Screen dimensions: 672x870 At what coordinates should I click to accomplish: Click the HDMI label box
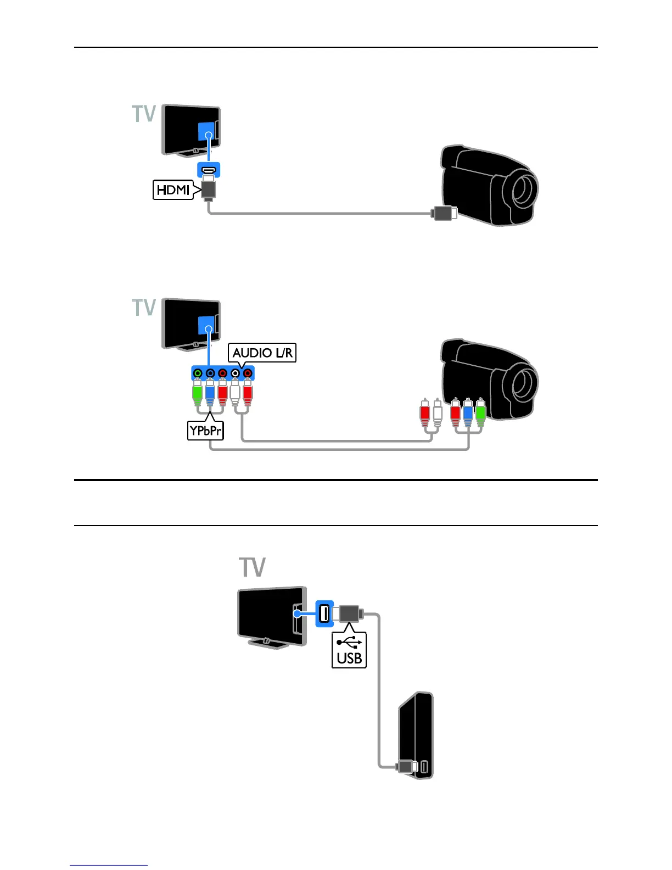pos(173,190)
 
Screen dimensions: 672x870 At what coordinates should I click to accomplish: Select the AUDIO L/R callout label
pos(262,353)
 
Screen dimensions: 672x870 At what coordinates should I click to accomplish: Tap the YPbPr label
pos(205,431)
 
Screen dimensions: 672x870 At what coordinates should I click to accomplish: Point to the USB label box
pos(349,650)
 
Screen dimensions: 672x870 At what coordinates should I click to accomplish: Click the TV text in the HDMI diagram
pos(144,114)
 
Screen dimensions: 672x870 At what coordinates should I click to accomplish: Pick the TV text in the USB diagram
pos(252,567)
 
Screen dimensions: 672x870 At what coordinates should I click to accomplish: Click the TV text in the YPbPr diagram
pos(144,308)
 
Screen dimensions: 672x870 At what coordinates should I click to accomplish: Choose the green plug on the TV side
pos(198,394)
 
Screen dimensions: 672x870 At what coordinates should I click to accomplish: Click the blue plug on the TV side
pos(210,394)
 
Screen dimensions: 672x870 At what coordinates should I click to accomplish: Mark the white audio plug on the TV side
pos(235,394)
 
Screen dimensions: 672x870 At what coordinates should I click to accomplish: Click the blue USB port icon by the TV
pos(324,612)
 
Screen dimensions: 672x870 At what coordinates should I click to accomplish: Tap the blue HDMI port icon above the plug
pos(209,169)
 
